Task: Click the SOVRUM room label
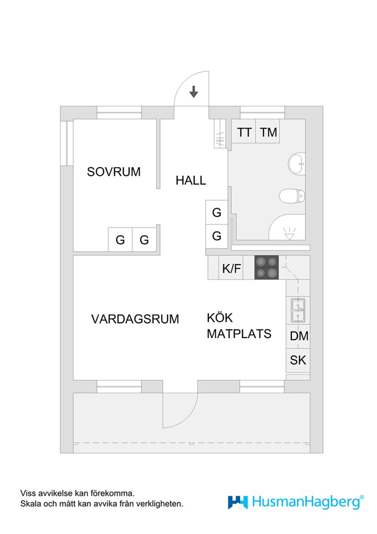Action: (113, 172)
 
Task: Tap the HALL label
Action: (190, 180)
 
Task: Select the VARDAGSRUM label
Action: (135, 319)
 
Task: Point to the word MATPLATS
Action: (239, 334)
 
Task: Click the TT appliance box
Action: (244, 132)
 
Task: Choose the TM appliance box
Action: (268, 132)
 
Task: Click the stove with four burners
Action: (266, 267)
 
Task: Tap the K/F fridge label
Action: (231, 269)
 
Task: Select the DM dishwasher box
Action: (298, 336)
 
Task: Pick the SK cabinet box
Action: (298, 360)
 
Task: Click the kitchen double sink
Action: (298, 311)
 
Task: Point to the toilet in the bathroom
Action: (292, 195)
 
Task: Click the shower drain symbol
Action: (289, 234)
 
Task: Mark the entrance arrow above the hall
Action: (194, 92)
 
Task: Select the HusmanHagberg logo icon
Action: (238, 502)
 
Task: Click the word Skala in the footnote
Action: (30, 504)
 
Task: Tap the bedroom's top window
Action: (119, 112)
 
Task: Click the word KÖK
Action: (220, 318)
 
